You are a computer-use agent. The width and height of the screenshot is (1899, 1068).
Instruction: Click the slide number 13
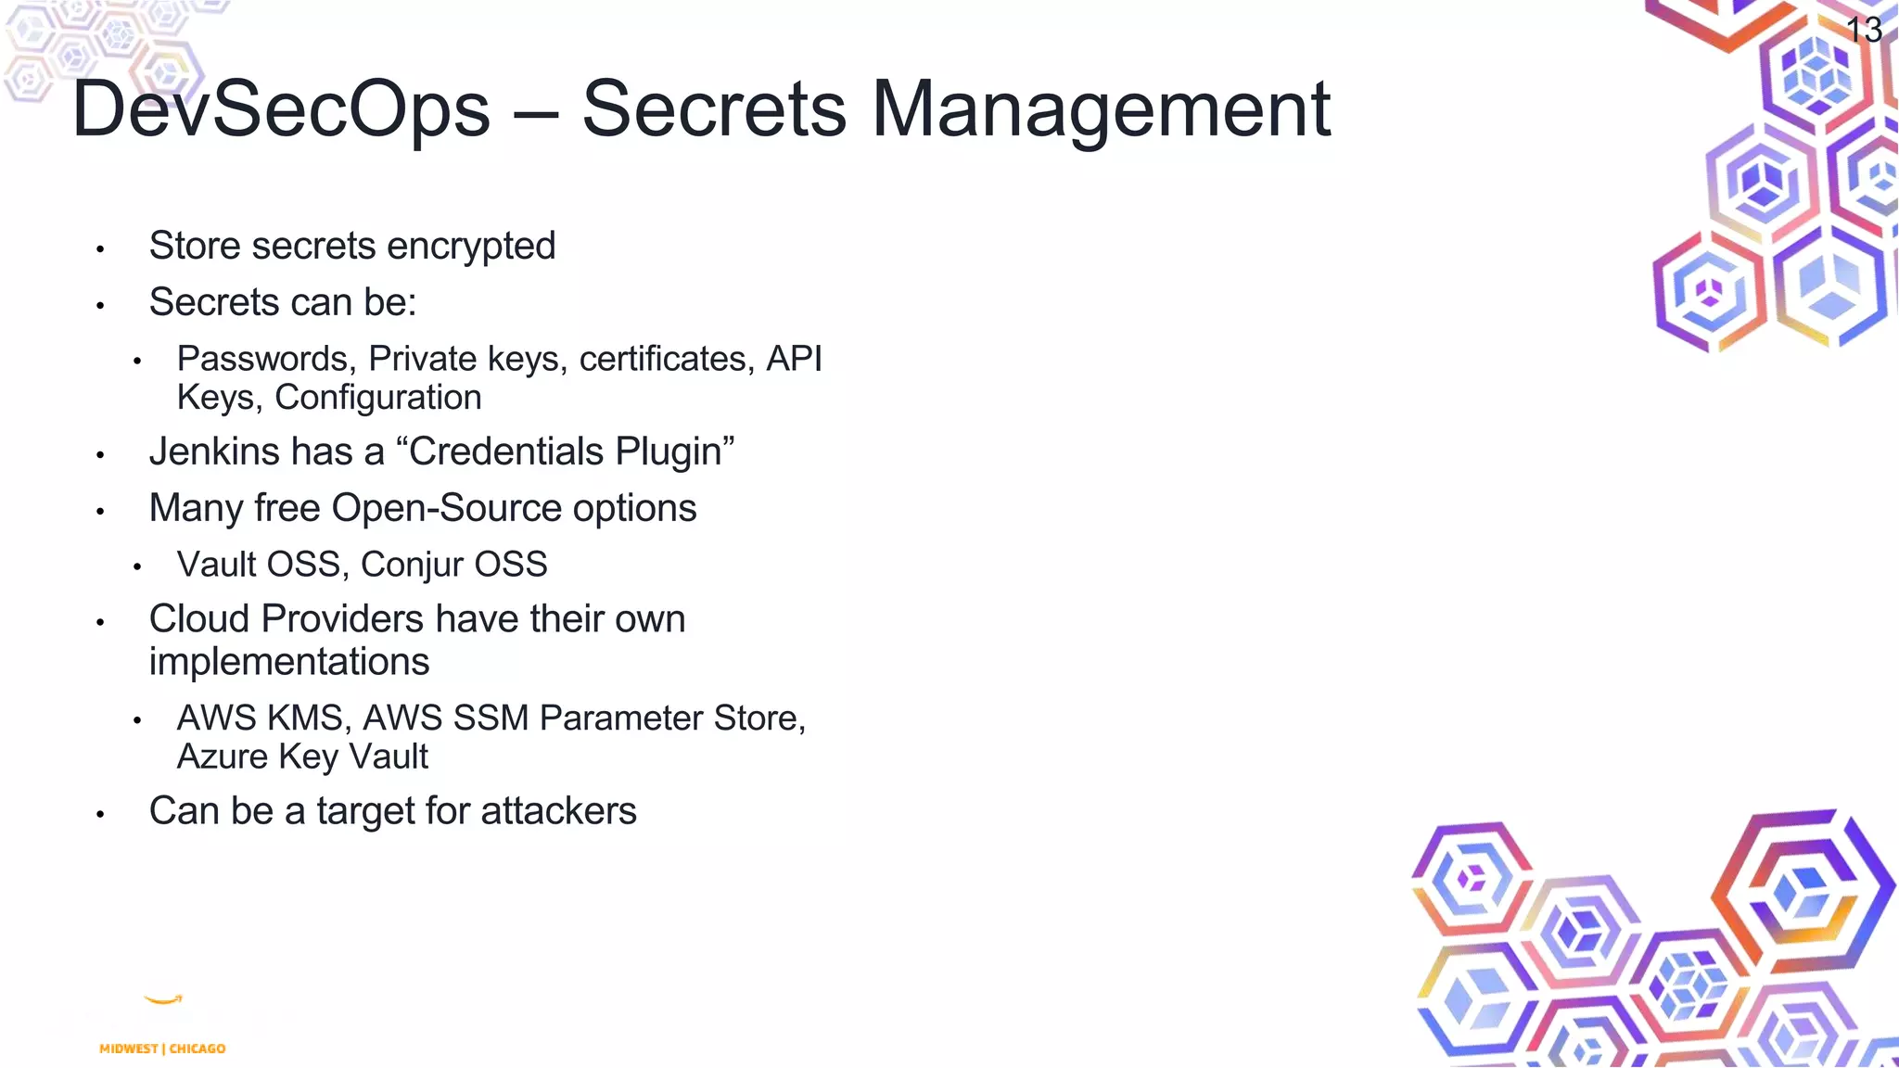coord(1864,30)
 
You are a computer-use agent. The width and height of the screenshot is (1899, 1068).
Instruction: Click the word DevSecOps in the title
coord(281,109)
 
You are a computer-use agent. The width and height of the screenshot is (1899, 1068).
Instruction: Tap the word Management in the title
coord(1101,109)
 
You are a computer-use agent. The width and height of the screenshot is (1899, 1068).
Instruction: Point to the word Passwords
coord(262,359)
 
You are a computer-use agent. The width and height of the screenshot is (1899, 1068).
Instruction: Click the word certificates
coord(663,359)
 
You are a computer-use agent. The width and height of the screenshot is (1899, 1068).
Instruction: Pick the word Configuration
coord(378,398)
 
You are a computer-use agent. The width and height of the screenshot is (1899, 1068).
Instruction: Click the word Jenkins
coord(214,451)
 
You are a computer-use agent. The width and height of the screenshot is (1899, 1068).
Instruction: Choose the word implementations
coord(289,662)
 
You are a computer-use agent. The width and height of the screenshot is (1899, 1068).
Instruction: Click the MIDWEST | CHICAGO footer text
coord(162,1049)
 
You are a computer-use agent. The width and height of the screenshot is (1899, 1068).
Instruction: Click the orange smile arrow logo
coord(164,999)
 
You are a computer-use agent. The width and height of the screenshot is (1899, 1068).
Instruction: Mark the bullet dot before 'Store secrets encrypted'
coord(100,249)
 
